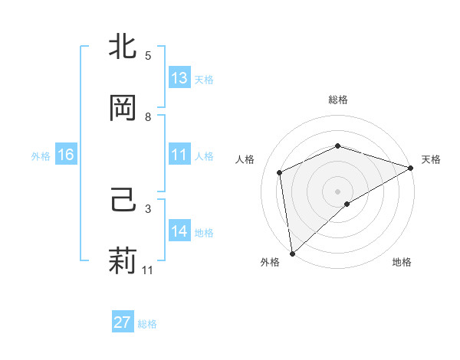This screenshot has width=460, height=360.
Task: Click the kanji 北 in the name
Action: (123, 47)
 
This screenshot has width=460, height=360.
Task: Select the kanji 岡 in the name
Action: (123, 108)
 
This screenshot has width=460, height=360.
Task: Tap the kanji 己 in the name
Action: (123, 201)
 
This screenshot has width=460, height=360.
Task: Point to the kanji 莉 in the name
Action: (123, 260)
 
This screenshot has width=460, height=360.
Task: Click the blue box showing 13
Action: (179, 78)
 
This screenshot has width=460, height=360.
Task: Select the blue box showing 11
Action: (179, 155)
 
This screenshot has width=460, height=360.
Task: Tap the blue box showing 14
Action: (179, 231)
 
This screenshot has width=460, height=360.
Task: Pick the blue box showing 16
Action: (65, 155)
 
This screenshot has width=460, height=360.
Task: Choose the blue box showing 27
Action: (122, 322)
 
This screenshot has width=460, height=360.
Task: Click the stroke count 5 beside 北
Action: (148, 56)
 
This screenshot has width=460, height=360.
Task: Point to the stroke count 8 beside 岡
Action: (148, 117)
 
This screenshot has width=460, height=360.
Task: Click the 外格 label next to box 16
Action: (41, 155)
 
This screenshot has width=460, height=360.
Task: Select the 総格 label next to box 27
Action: (147, 324)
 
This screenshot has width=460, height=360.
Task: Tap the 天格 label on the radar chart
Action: (431, 159)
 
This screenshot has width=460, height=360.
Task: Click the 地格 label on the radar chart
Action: (402, 262)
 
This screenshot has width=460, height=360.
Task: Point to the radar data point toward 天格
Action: (411, 168)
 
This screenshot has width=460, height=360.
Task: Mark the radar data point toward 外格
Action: (292, 253)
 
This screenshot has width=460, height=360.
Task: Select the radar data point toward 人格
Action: (280, 172)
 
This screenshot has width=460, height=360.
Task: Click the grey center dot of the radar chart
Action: (337, 191)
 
